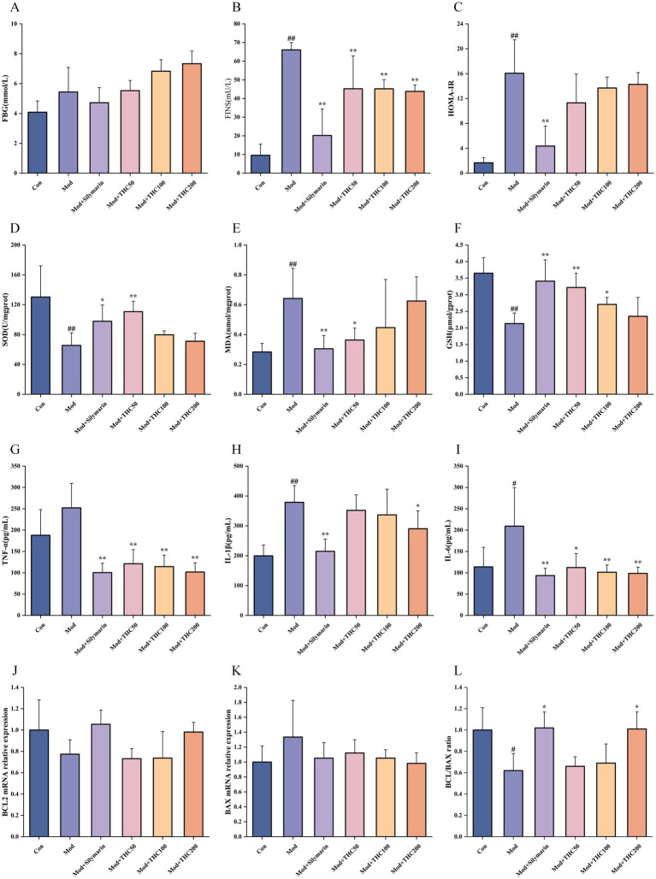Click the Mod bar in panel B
(291, 111)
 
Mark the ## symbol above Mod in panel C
(514, 37)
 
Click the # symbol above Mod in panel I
(514, 481)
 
